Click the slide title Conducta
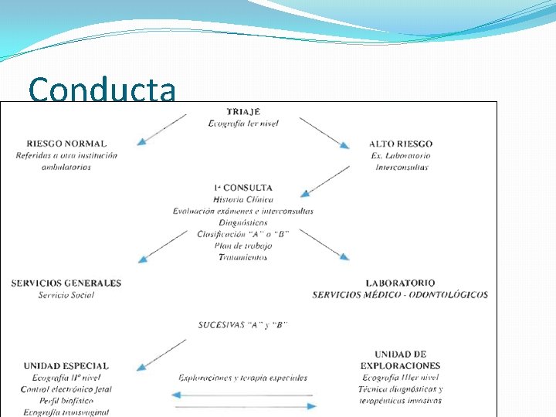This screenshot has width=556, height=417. click(102, 90)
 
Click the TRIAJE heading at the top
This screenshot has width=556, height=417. click(243, 111)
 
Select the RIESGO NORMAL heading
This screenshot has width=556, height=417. click(66, 144)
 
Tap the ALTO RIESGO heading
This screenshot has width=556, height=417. click(401, 144)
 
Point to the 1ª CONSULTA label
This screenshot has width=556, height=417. click(243, 188)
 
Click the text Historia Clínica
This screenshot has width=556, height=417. click(243, 199)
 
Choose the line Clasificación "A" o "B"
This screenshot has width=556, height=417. click(243, 233)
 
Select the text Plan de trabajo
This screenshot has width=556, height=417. click(243, 245)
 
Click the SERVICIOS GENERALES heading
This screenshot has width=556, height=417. click(66, 283)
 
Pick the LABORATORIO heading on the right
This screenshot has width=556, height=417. click(400, 283)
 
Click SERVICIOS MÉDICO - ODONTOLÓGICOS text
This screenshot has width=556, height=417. click(400, 295)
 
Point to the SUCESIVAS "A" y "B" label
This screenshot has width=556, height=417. click(243, 324)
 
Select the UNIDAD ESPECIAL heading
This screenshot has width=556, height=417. click(66, 366)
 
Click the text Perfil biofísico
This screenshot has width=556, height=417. click(66, 401)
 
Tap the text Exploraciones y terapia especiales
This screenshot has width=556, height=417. click(243, 378)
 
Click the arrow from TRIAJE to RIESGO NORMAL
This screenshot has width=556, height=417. click(162, 129)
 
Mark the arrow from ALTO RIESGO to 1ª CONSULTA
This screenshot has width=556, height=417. click(327, 181)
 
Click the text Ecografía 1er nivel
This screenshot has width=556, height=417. click(243, 123)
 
